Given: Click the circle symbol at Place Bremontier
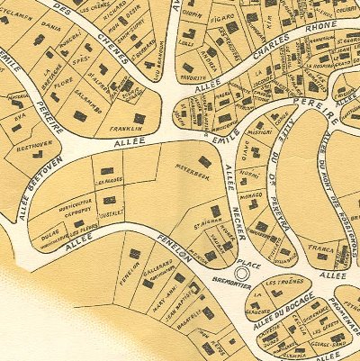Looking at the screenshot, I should coord(240,271).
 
